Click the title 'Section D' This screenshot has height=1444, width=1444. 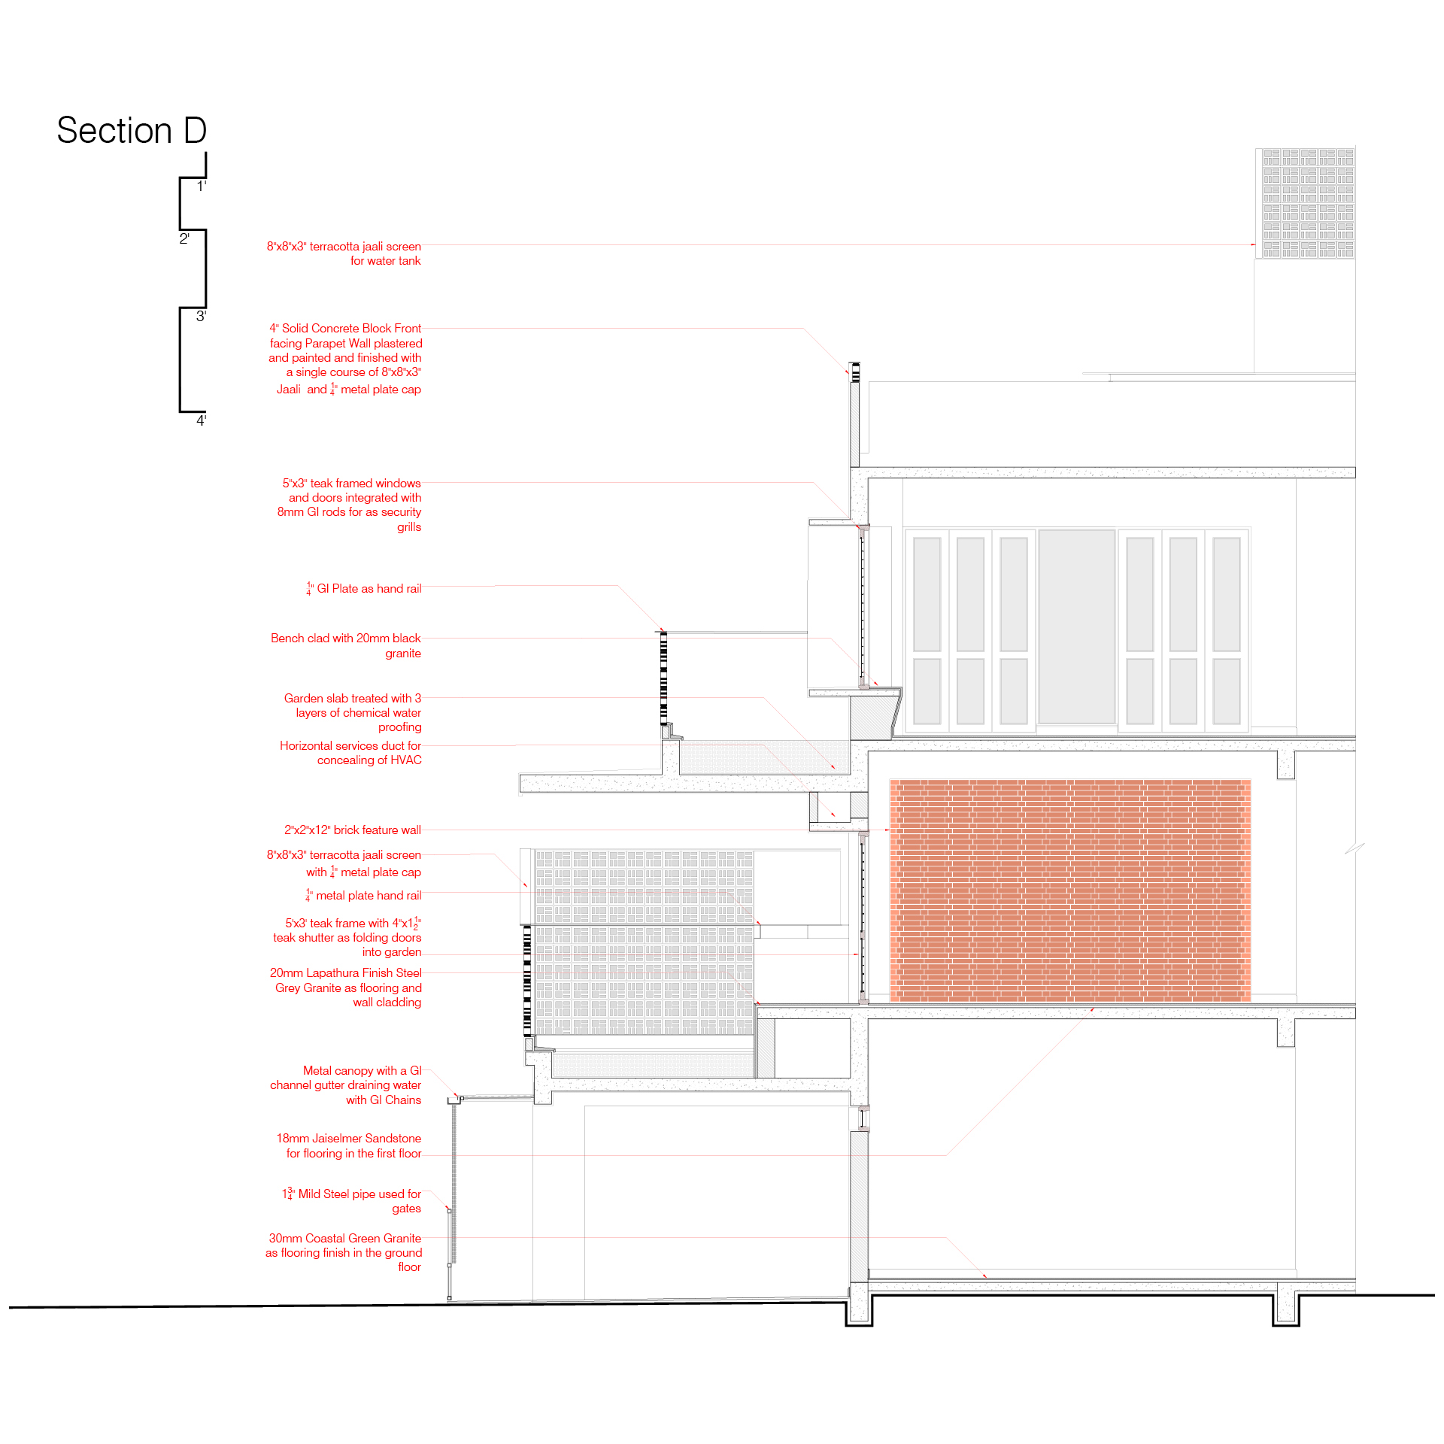click(x=132, y=131)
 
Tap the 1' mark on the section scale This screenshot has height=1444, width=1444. click(x=201, y=187)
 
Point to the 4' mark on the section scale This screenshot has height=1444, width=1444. click(x=201, y=420)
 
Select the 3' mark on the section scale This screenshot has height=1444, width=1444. click(x=201, y=317)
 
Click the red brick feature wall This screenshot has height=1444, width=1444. click(x=1069, y=890)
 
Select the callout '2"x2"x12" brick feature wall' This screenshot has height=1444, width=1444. click(x=352, y=830)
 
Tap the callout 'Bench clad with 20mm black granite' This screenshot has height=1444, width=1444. click(x=346, y=645)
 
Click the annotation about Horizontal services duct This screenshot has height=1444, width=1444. click(x=350, y=753)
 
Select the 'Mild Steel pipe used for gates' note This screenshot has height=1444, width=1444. click(x=352, y=1201)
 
